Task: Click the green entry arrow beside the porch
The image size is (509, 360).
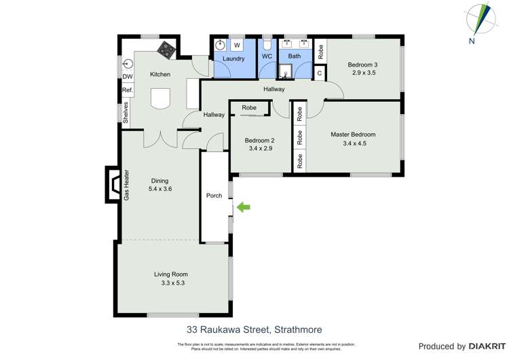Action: click(243, 207)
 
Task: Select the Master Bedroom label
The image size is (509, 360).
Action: click(353, 134)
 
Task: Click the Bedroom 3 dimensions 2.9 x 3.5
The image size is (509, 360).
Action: click(364, 73)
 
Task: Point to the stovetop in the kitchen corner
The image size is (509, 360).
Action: click(166, 48)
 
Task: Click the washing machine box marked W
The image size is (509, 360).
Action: click(237, 46)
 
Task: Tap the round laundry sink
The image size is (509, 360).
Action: click(220, 46)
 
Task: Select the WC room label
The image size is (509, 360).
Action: click(267, 56)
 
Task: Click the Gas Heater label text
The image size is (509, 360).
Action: click(126, 186)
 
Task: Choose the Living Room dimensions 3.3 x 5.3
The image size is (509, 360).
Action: click(170, 283)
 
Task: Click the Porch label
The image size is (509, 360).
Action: click(214, 196)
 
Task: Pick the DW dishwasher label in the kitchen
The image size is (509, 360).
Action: click(128, 77)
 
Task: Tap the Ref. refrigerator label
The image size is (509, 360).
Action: click(127, 90)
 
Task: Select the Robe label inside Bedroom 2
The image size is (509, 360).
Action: click(249, 107)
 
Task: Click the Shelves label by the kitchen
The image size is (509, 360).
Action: click(126, 112)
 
